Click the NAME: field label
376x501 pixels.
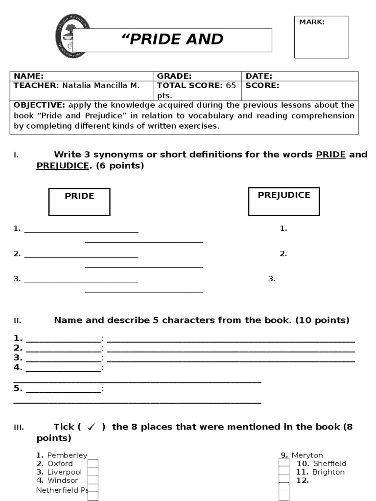click(28, 76)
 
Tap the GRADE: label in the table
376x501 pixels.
click(174, 76)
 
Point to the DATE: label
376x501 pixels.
click(258, 76)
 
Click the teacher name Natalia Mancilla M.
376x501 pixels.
click(100, 85)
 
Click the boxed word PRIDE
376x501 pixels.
click(79, 196)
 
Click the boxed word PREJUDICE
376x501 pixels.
click(284, 195)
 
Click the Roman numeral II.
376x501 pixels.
click(17, 321)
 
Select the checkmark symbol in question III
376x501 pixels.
click(91, 427)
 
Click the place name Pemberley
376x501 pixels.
click(67, 455)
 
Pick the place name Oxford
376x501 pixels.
click(60, 463)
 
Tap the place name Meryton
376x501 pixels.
click(307, 455)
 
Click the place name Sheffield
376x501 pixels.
click(329, 463)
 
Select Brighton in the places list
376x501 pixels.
click(328, 472)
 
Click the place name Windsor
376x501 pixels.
click(63, 480)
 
